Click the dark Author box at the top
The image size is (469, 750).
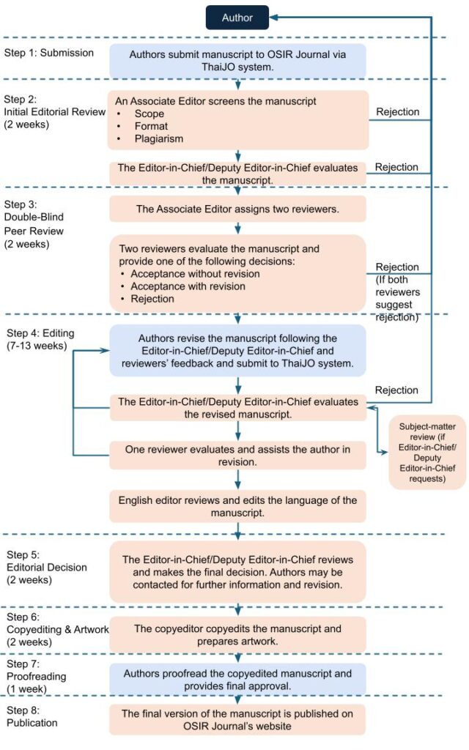[x=237, y=17]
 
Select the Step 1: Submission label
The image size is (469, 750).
[x=49, y=52]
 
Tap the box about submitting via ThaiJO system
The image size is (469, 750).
[x=238, y=60]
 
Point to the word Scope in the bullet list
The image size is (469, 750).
[x=149, y=114]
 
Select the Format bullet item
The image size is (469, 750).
[x=152, y=127]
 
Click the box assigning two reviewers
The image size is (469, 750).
[x=237, y=209]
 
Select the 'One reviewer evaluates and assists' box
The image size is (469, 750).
[x=237, y=456]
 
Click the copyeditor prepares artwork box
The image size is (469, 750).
[x=237, y=635]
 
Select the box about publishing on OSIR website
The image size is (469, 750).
[x=237, y=719]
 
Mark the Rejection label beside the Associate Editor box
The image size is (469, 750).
[x=397, y=112]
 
